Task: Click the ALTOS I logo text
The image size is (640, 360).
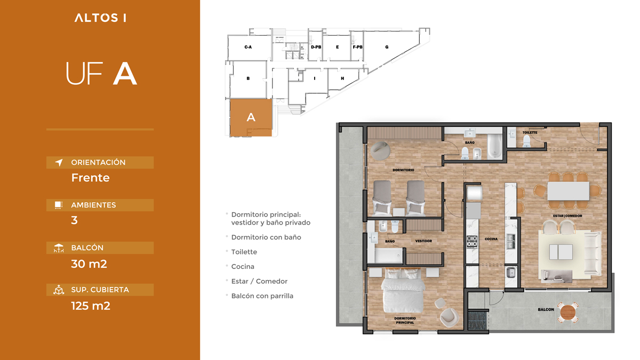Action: pyautogui.click(x=100, y=18)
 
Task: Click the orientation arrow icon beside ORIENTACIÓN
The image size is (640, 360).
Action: pyautogui.click(x=59, y=162)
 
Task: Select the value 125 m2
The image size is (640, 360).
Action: pyautogui.click(x=91, y=306)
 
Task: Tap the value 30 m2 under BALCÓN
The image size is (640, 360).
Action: pyautogui.click(x=89, y=263)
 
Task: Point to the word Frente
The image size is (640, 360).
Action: pyautogui.click(x=90, y=178)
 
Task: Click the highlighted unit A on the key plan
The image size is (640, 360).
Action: pyautogui.click(x=251, y=117)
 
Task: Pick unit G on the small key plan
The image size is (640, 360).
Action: pyautogui.click(x=387, y=47)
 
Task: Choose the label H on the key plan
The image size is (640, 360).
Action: pyautogui.click(x=342, y=78)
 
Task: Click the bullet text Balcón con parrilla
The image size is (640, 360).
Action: pyautogui.click(x=262, y=295)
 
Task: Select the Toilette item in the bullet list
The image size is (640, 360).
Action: pyautogui.click(x=244, y=252)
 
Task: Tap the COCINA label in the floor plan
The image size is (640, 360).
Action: pyautogui.click(x=491, y=239)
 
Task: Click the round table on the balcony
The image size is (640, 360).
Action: pyautogui.click(x=567, y=313)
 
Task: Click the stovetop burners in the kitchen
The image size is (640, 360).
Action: pyautogui.click(x=472, y=242)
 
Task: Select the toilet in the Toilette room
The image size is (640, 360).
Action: pyautogui.click(x=526, y=141)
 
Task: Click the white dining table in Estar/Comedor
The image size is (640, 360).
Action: pyautogui.click(x=568, y=191)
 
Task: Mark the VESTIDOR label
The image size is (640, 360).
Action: pyautogui.click(x=423, y=241)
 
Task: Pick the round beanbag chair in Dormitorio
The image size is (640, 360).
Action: pyautogui.click(x=380, y=150)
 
